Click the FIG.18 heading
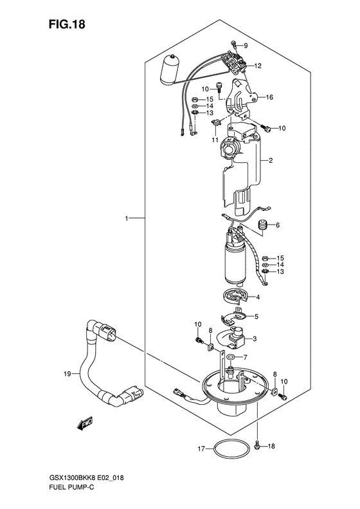(x=67, y=24)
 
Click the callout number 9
(x=246, y=46)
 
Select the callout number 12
(x=258, y=66)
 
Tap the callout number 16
(x=269, y=97)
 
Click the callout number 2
(x=271, y=160)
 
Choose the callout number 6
(x=278, y=225)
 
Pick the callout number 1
(x=127, y=219)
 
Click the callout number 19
(x=67, y=375)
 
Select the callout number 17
(x=201, y=449)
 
